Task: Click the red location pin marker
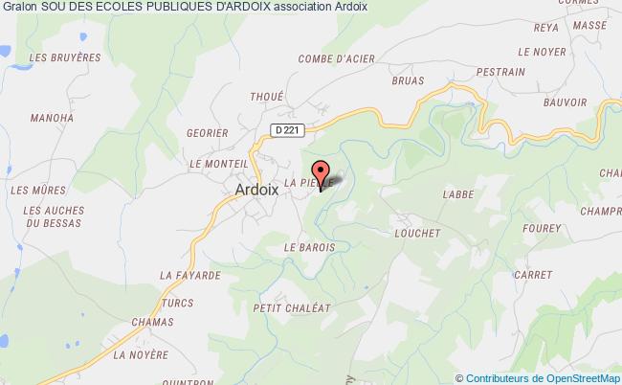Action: click(321, 176)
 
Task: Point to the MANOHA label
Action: click(52, 119)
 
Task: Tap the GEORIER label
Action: click(208, 134)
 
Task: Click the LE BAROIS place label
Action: click(309, 247)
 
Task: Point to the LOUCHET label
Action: click(416, 233)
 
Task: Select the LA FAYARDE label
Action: click(190, 275)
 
